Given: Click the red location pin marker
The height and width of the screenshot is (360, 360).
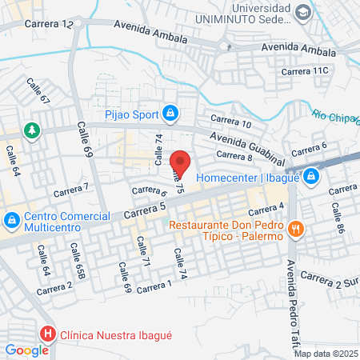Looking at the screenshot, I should click(x=181, y=162).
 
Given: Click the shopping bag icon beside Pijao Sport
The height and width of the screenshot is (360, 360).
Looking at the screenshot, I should click(x=170, y=114).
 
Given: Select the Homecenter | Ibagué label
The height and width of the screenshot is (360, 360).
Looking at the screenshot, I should click(x=247, y=177).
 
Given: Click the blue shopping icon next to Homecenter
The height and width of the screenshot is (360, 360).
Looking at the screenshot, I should click(x=312, y=177).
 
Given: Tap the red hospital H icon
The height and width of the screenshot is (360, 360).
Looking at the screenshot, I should click(x=49, y=334).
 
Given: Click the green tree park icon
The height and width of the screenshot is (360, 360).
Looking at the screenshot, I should click(x=31, y=130).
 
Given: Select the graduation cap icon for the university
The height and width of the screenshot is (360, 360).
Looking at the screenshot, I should click(x=303, y=12).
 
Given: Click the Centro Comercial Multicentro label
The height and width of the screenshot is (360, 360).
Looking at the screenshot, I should click(x=67, y=222).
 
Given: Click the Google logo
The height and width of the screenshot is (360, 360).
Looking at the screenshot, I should click(x=26, y=350).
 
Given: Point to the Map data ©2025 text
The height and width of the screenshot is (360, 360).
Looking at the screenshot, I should click(x=326, y=354).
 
